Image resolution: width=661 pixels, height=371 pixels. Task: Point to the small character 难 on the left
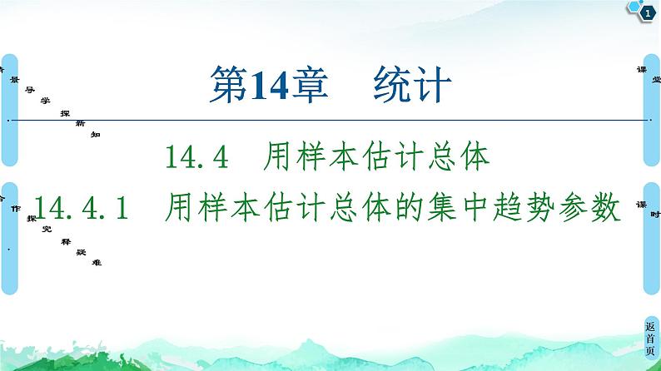[x=98, y=262]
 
